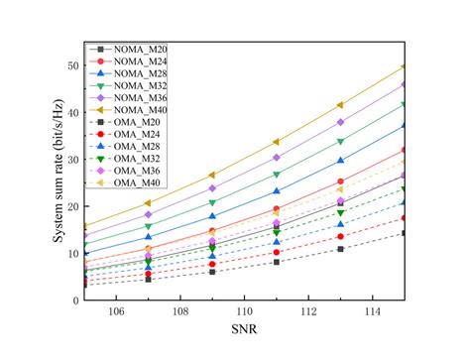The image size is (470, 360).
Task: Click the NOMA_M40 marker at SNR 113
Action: click(340, 104)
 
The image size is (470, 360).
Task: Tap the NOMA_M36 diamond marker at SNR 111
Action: click(277, 157)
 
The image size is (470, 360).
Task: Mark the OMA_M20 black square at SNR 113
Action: click(340, 249)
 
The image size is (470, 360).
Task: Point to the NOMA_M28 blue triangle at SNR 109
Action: click(212, 216)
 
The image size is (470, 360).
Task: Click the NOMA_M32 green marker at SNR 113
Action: click(340, 141)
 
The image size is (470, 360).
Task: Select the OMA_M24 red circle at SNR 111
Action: click(277, 252)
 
